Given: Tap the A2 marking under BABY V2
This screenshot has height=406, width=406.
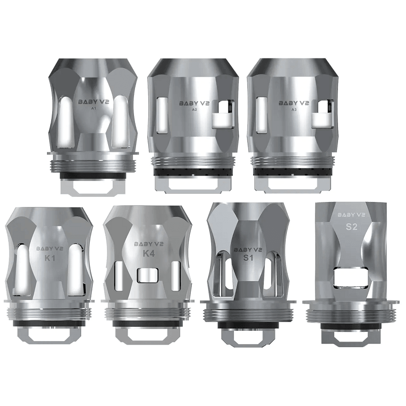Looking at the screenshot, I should (x=192, y=110).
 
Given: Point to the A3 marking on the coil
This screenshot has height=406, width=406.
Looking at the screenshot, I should (x=292, y=110).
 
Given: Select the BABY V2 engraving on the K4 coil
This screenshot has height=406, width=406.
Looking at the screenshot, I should (x=149, y=243).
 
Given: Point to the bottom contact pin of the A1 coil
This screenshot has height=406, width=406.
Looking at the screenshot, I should (x=92, y=186).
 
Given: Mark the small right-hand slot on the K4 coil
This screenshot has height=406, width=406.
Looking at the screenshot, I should (x=176, y=274).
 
